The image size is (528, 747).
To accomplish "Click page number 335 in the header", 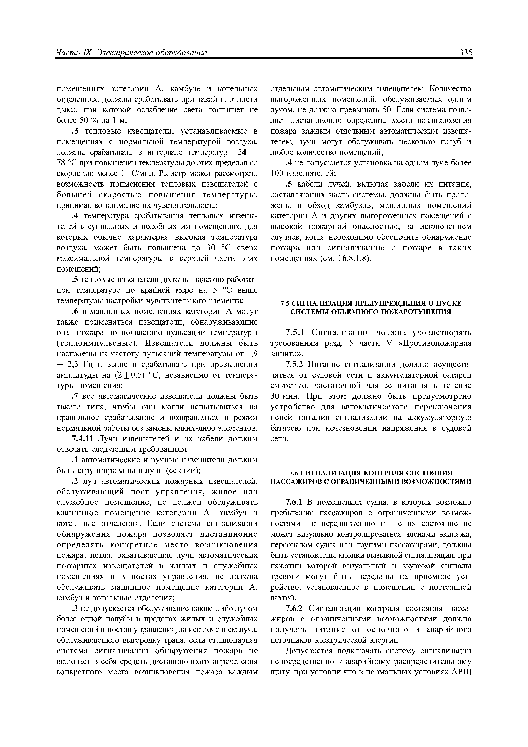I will click(466, 52).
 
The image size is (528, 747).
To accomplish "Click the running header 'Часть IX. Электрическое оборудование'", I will click(131, 52).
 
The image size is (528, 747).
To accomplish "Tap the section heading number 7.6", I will click(294, 472).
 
